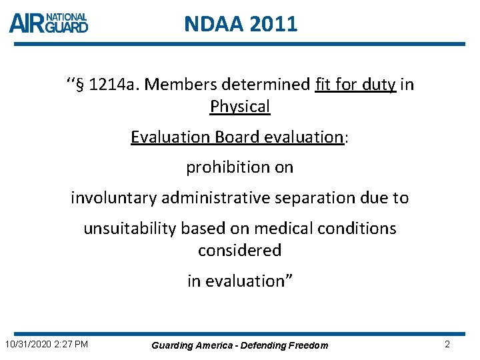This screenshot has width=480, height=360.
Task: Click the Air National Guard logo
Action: point(49,23)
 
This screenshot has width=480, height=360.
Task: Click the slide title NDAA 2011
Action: point(241,25)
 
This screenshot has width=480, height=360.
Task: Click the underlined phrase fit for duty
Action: point(356,85)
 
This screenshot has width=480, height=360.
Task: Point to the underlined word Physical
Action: point(240,107)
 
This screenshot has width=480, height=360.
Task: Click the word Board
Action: point(237,137)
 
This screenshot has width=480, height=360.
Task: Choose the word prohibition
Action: point(221,167)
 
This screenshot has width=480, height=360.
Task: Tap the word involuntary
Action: point(113,198)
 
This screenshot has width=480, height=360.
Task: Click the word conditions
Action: point(360,229)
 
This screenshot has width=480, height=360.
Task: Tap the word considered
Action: point(240,251)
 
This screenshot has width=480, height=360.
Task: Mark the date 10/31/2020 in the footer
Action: point(27,345)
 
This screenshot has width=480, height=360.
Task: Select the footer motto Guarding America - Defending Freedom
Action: point(240,345)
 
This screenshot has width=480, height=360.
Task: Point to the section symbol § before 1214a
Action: point(79,85)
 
